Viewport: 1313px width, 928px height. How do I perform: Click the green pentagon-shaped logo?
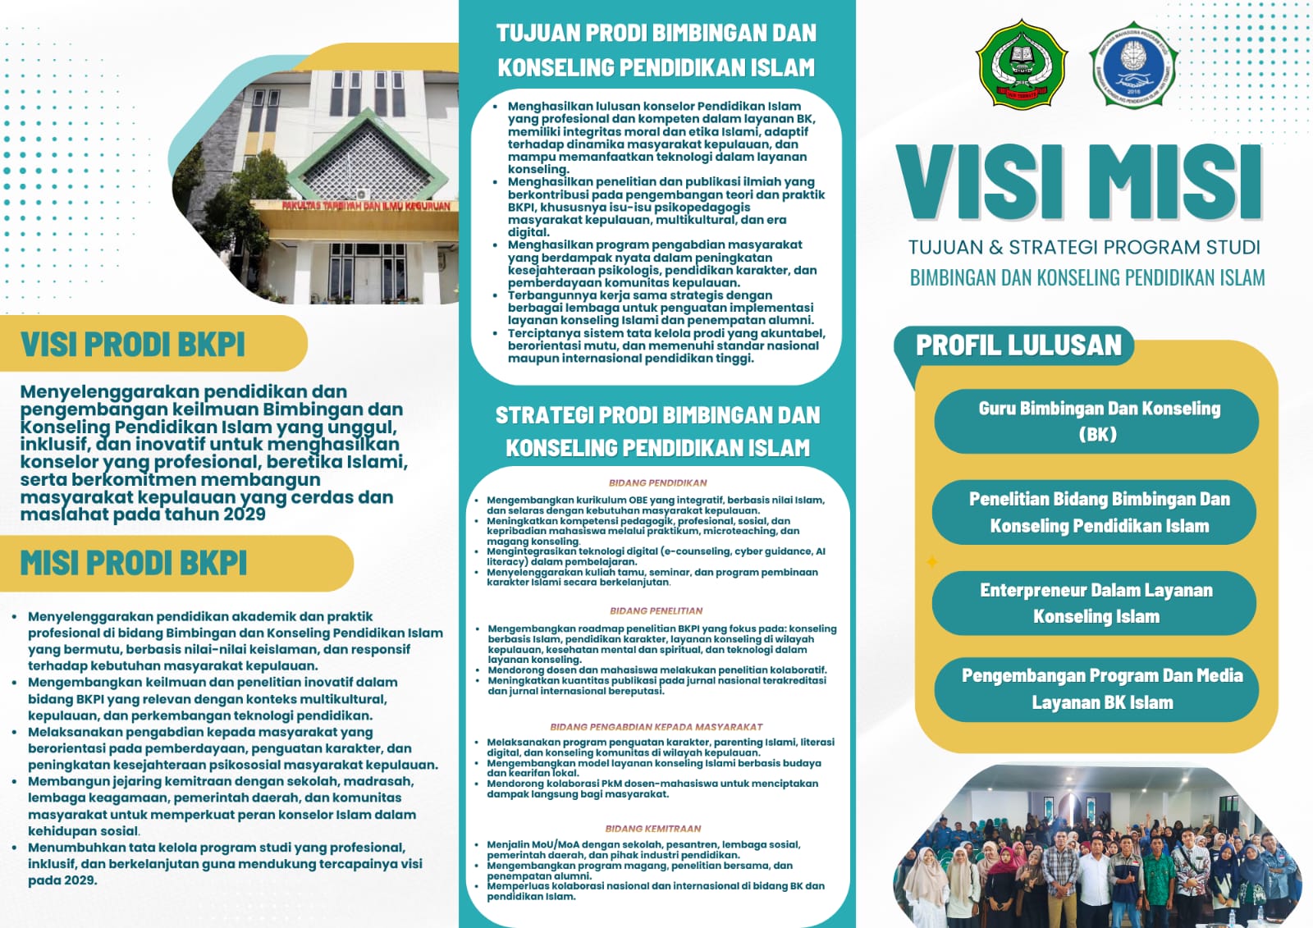coord(1021,65)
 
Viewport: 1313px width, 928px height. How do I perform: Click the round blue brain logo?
coord(1132,65)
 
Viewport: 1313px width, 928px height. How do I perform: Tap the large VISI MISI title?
coord(1079,182)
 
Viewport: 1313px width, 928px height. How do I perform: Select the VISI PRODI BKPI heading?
coord(133,345)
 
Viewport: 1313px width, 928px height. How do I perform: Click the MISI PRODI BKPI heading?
coord(134,564)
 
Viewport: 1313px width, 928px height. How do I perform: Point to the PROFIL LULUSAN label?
coord(1018,345)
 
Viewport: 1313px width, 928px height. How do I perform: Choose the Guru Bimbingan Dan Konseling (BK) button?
coord(1097,421)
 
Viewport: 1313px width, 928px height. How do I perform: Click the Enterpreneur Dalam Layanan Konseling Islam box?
coord(1096,603)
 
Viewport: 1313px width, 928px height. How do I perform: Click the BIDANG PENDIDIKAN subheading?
coord(657,483)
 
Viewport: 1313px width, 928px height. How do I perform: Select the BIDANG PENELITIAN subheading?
coord(656,611)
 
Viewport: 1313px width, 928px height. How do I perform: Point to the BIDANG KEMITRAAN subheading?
coord(653,829)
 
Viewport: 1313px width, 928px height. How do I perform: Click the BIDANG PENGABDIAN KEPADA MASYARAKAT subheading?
coord(656,727)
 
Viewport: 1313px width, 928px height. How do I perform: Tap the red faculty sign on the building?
coord(366,206)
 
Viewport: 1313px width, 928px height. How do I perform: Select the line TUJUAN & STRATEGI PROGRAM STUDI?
coord(1084,248)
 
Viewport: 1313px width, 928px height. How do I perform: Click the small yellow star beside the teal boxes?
coord(932,562)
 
